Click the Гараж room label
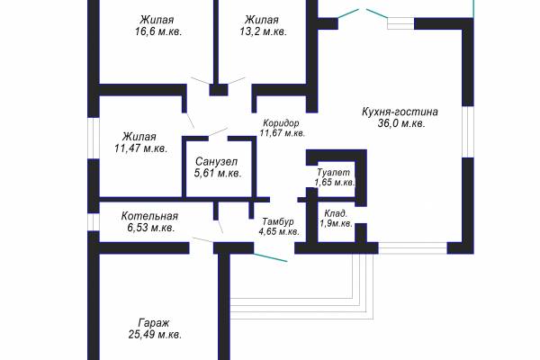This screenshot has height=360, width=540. (x=154, y=323)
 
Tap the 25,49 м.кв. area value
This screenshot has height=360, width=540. (x=155, y=335)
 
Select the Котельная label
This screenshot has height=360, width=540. (x=149, y=216)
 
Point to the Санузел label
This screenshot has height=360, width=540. (x=216, y=162)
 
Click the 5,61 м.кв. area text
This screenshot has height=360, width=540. (x=218, y=174)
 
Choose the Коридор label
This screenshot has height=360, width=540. (x=281, y=123)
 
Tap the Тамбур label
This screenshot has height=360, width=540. (x=278, y=221)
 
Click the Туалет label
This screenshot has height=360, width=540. (x=333, y=172)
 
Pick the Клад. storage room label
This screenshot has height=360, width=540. (x=336, y=214)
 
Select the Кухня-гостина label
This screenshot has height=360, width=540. (x=400, y=112)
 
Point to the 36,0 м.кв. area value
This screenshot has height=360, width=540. (x=401, y=123)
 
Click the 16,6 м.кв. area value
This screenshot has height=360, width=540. (x=158, y=31)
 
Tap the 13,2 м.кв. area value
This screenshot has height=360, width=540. (x=264, y=31)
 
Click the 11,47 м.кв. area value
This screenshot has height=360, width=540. (x=141, y=148)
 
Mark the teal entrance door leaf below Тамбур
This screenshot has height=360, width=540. (x=270, y=257)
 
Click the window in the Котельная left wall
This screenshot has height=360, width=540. (x=93, y=222)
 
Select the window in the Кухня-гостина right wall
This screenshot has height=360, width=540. (x=467, y=131)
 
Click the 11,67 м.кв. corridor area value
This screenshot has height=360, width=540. (x=283, y=133)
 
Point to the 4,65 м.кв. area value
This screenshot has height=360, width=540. (x=279, y=231)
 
